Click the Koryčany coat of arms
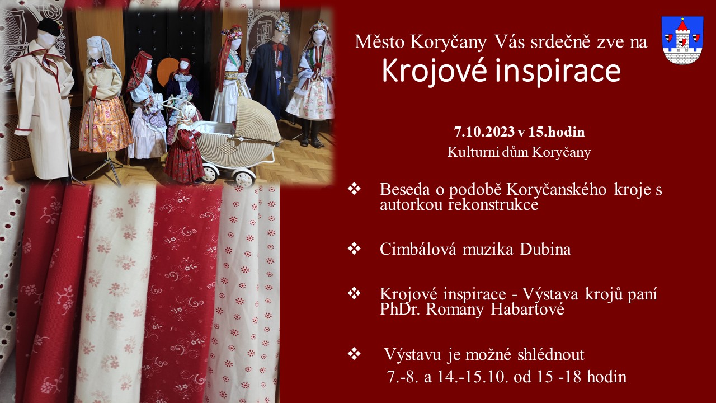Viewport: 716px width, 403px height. point(682,40)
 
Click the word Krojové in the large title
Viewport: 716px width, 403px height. point(435,71)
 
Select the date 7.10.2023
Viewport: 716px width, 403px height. point(484,132)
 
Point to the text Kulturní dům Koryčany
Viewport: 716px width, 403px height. point(519,152)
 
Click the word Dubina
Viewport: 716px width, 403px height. point(545,250)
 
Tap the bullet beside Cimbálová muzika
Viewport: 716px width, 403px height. point(354,249)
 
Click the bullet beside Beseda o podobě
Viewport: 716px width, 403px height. point(354,189)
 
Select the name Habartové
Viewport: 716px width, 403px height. point(527,310)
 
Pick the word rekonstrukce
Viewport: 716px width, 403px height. point(493,205)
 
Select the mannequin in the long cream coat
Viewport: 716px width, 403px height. point(43,102)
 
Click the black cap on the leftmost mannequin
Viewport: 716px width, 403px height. point(50,26)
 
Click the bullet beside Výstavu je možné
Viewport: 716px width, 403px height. point(354,353)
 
